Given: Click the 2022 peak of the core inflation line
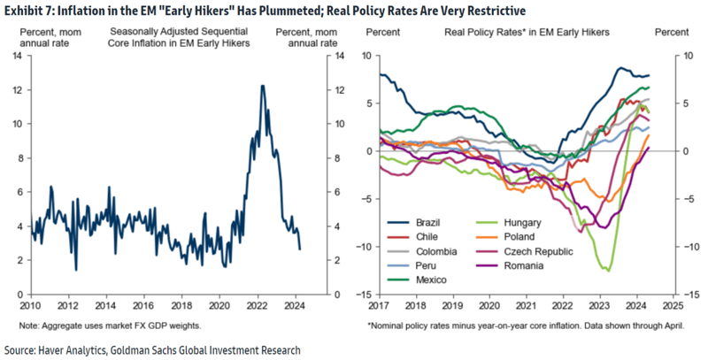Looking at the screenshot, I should (x=262, y=86).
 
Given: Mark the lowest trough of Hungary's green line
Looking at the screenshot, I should (x=608, y=270).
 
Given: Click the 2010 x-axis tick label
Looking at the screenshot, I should (x=32, y=304).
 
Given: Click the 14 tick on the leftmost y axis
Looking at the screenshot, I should (x=17, y=56).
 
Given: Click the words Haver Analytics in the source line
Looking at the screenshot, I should (x=82, y=349).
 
